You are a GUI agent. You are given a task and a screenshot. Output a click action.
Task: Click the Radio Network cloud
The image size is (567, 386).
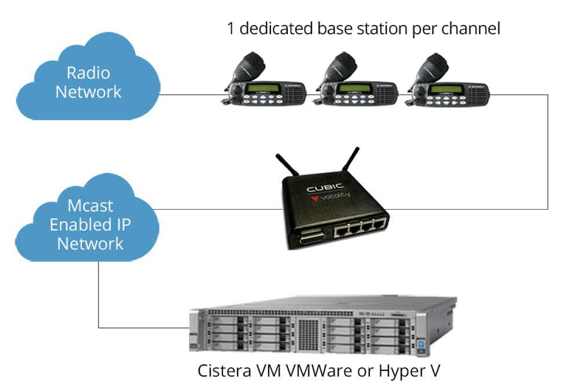coord(89,82)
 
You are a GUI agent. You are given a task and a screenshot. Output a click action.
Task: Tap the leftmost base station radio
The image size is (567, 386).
coord(264,91)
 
